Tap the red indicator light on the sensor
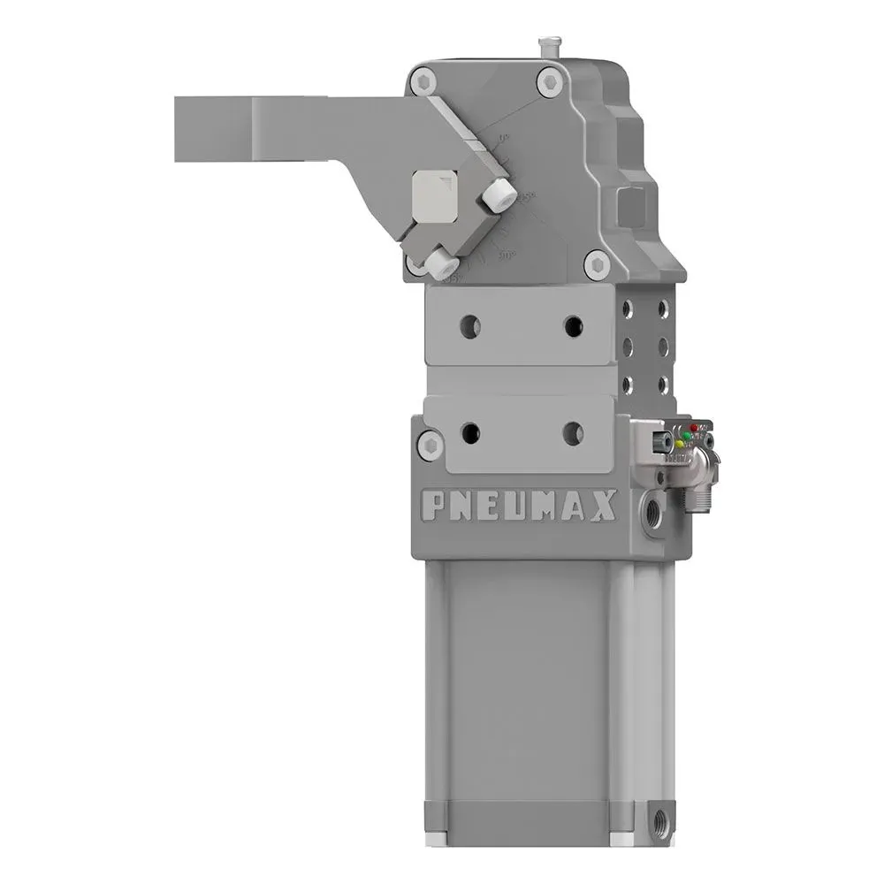[x=695, y=428]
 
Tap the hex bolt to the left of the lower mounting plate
[x=431, y=445]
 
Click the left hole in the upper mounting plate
[x=470, y=327]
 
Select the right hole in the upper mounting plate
[x=573, y=327]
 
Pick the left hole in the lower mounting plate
[x=470, y=433]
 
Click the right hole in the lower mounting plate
[x=573, y=433]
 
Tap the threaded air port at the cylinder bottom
[x=659, y=820]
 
